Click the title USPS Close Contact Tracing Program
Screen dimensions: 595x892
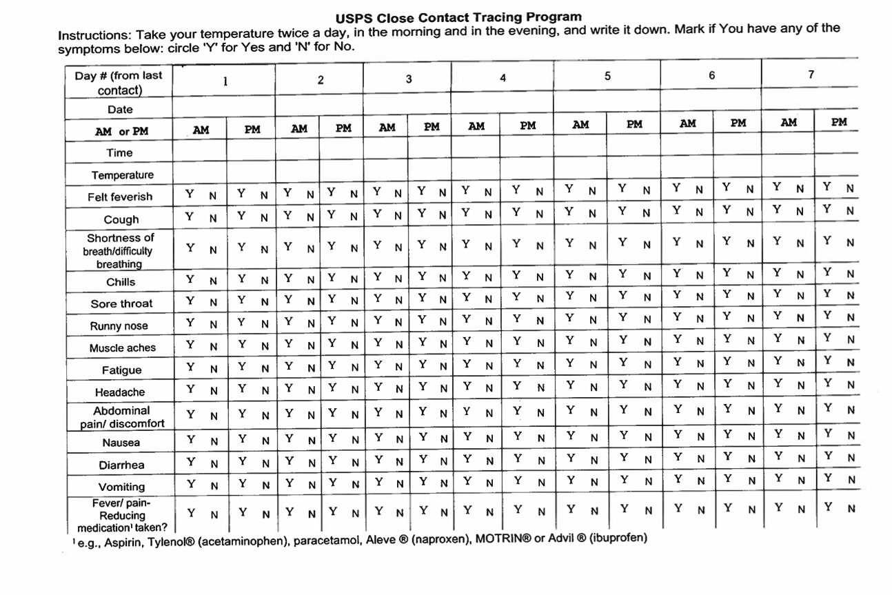(x=458, y=17)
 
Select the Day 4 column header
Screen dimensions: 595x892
(x=503, y=78)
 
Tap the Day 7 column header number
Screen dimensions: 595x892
(x=811, y=74)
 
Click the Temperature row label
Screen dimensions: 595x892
(x=122, y=175)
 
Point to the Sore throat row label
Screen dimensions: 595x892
(x=121, y=303)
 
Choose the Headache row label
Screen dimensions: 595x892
(x=120, y=392)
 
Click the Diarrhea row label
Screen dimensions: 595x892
(x=121, y=465)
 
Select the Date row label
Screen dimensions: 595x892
(x=120, y=110)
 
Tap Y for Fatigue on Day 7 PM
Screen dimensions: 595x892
(x=828, y=360)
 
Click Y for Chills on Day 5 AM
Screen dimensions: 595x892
(x=569, y=274)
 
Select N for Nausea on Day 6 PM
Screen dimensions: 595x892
(x=751, y=436)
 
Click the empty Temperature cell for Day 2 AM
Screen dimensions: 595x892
(x=299, y=172)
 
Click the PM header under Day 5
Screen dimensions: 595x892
(x=634, y=124)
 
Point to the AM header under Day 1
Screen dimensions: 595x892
(x=201, y=130)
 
